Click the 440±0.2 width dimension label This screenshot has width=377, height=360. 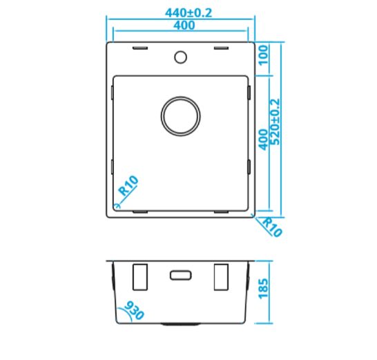(x=188, y=12)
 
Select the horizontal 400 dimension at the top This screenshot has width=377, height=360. (x=184, y=26)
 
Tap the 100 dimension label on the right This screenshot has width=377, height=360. (x=263, y=55)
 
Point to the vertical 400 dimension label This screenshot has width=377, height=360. (x=263, y=140)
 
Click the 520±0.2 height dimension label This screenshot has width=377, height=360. (x=275, y=122)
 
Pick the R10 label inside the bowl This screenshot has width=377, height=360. (x=128, y=186)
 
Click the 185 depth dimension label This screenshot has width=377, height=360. (x=263, y=289)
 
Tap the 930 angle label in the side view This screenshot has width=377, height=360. (x=134, y=310)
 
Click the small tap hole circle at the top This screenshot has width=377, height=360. (x=180, y=57)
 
